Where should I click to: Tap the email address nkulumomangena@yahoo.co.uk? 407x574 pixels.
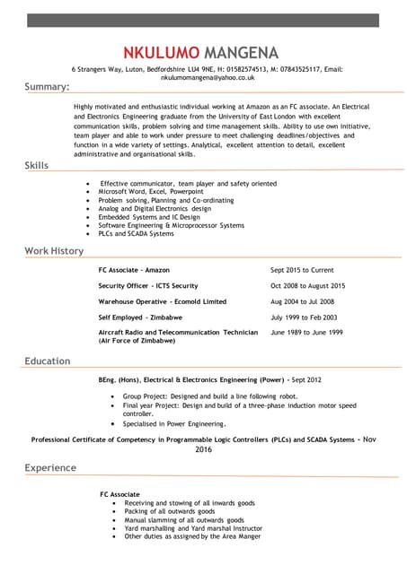coord(203,78)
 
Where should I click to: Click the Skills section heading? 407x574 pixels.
coord(37,166)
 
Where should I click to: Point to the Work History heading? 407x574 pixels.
coord(54,251)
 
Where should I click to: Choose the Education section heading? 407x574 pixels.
coord(47,361)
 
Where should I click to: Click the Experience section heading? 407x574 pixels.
coord(50,468)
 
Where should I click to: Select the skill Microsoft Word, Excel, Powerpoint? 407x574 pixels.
coord(151,191)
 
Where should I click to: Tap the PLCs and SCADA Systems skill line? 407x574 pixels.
coord(136,233)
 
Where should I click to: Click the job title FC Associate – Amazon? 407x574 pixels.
coord(134,269)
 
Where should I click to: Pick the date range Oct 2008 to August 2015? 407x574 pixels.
coord(308,285)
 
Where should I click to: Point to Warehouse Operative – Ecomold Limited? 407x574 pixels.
coord(163,301)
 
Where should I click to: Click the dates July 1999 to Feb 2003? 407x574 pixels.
coord(305,317)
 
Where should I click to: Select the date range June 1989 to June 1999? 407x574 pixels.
coord(306,332)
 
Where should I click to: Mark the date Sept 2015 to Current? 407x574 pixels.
coord(302,269)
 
